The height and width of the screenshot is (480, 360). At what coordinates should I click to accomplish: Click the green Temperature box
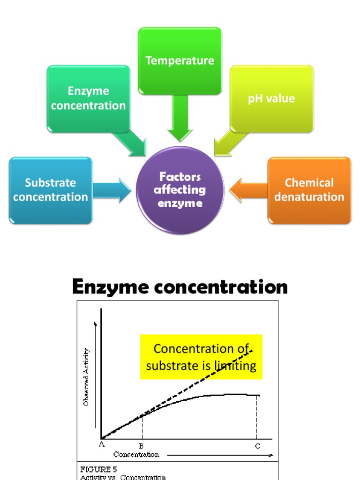(180, 60)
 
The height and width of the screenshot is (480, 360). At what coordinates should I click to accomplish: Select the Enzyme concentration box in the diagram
(88, 98)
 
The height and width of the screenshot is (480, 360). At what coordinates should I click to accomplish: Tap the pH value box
(271, 98)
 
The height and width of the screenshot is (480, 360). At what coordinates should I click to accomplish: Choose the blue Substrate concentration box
(51, 190)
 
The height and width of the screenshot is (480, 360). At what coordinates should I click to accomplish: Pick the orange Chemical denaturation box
(309, 190)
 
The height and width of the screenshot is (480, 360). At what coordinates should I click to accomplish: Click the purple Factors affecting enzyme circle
(180, 190)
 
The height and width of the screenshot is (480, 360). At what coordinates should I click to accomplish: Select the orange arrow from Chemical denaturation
(248, 190)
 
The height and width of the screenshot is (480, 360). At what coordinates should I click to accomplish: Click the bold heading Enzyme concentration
(180, 287)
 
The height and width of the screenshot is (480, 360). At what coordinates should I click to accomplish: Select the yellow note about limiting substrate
(201, 357)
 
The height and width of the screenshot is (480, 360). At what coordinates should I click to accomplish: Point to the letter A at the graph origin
(102, 445)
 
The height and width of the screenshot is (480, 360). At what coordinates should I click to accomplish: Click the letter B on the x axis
(142, 446)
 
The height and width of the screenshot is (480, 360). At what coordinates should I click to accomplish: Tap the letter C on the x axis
(257, 446)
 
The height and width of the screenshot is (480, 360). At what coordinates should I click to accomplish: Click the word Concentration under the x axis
(136, 454)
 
